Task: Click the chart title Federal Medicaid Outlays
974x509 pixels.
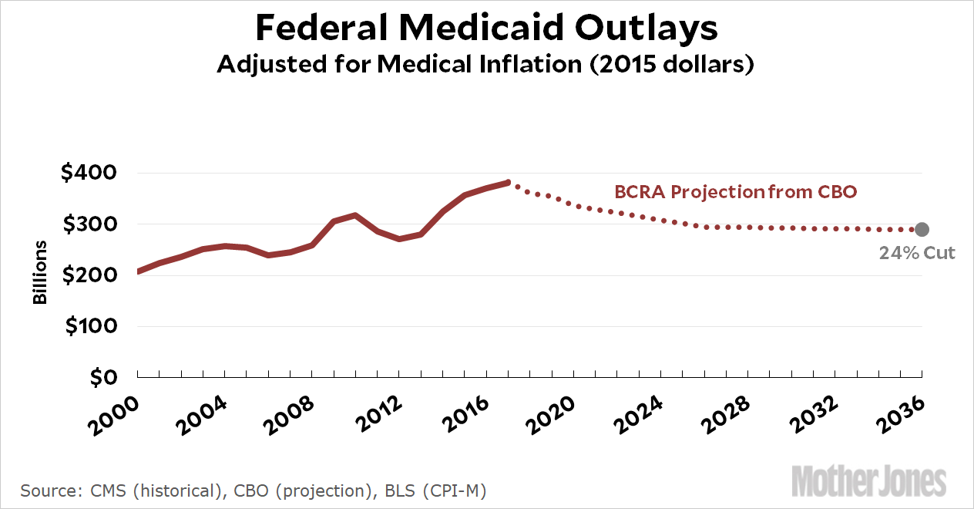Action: click(486, 29)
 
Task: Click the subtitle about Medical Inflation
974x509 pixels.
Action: click(485, 64)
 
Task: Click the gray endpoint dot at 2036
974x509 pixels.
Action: click(922, 229)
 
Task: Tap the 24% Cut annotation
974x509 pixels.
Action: click(917, 252)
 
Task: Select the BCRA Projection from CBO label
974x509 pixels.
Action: click(735, 192)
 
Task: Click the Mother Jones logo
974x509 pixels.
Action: click(868, 480)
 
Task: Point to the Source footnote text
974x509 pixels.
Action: click(254, 490)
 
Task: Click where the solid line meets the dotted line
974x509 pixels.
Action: click(509, 182)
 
